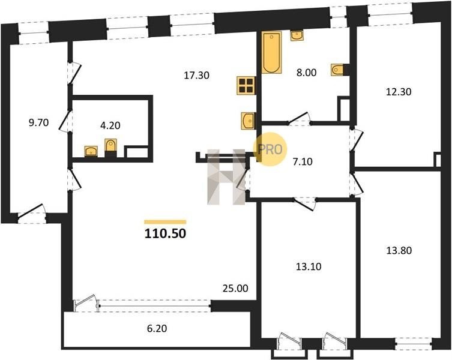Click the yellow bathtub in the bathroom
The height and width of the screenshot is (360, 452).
click(271, 52)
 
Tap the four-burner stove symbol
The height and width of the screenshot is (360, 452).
click(246, 85)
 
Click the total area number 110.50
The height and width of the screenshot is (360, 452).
click(165, 233)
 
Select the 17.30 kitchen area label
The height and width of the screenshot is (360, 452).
click(197, 76)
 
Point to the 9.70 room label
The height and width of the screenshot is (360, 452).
click(38, 123)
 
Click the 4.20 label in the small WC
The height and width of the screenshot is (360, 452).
click(110, 125)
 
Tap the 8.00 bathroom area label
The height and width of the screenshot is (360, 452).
click(306, 73)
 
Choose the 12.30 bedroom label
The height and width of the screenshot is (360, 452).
click(399, 92)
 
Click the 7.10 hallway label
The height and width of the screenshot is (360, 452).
click(303, 162)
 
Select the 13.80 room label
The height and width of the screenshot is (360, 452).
click(399, 250)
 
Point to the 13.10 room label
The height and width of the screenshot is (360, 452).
click(309, 266)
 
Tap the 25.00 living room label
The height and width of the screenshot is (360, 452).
click(235, 288)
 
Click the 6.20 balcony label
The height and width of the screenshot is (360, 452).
click(157, 329)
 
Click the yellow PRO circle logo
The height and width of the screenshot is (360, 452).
click(270, 149)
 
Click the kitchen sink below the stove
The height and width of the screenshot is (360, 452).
click(248, 121)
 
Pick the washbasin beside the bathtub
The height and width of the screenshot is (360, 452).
click(297, 36)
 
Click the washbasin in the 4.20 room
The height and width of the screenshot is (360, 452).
click(91, 151)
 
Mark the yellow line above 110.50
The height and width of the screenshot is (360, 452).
click(165, 222)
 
